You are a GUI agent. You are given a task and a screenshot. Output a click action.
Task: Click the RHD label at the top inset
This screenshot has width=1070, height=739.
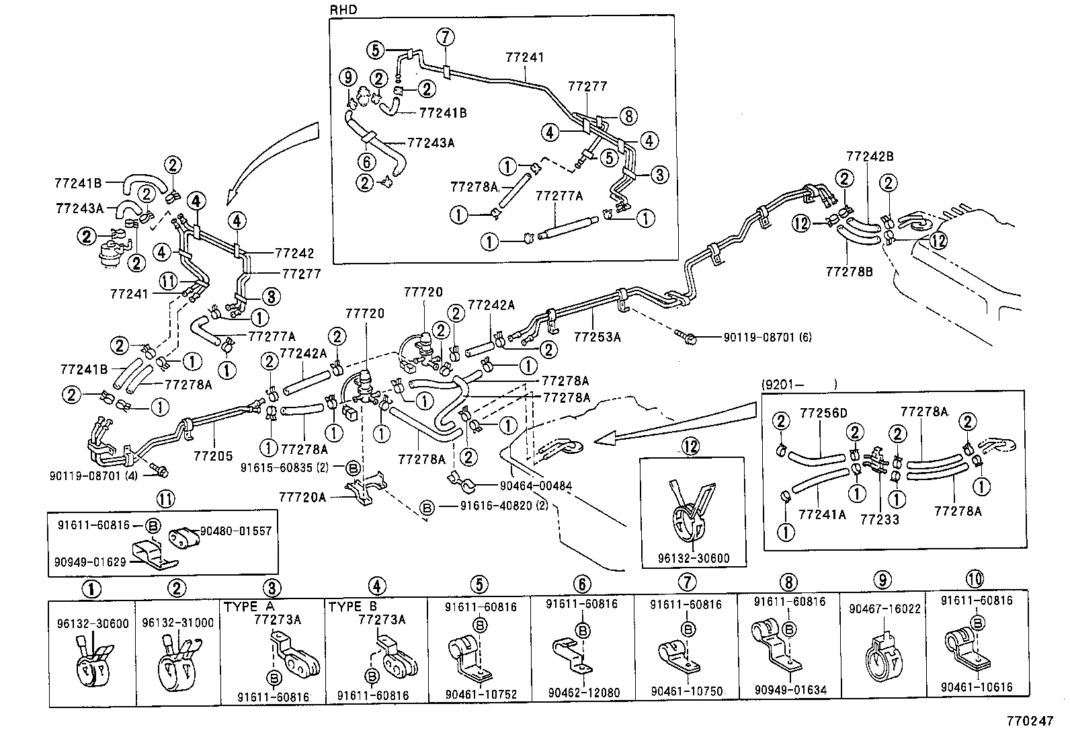pyautogui.click(x=343, y=10)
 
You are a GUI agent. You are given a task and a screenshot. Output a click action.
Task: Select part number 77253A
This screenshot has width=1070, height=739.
pyautogui.click(x=598, y=337)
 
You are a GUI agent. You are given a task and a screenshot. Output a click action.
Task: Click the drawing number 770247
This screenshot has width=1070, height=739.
pyautogui.click(x=1029, y=720)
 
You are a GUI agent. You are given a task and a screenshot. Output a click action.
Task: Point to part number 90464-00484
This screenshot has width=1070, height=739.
pyautogui.click(x=535, y=485)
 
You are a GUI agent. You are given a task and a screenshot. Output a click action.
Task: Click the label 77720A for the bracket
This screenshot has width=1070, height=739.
pyautogui.click(x=302, y=497)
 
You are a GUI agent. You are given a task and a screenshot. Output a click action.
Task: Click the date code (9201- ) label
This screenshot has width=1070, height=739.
pyautogui.click(x=798, y=385)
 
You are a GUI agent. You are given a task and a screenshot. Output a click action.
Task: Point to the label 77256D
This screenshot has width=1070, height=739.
pyautogui.click(x=823, y=412)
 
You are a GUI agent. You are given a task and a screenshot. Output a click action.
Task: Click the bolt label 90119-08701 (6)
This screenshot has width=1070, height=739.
pyautogui.click(x=759, y=337)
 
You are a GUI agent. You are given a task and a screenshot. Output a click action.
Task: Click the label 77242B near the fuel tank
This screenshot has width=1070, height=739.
pyautogui.click(x=869, y=156)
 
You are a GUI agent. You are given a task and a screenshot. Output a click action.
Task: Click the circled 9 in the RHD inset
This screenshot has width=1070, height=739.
pyautogui.click(x=348, y=77)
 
